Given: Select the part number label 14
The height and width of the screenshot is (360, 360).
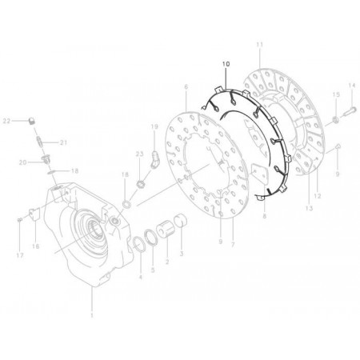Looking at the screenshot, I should click(x=350, y=86).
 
